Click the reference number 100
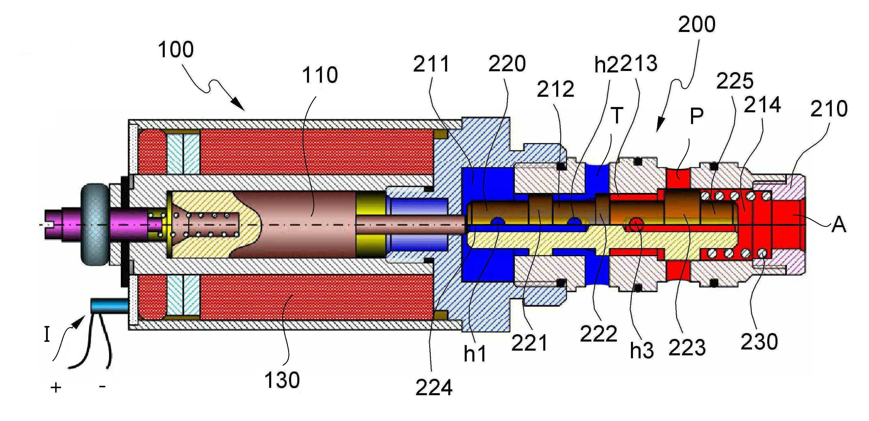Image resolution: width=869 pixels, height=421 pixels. [176, 50]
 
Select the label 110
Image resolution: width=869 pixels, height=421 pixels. [320, 75]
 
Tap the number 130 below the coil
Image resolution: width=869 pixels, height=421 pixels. [282, 380]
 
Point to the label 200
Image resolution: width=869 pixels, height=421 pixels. [697, 24]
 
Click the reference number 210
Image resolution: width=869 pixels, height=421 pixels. [829, 109]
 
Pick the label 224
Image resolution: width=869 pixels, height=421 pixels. [434, 388]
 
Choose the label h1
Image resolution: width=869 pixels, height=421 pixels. [475, 353]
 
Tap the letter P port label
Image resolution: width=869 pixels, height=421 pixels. [697, 116]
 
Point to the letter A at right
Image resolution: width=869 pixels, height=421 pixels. [839, 225]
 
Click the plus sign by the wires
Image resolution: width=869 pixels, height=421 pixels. [56, 388]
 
